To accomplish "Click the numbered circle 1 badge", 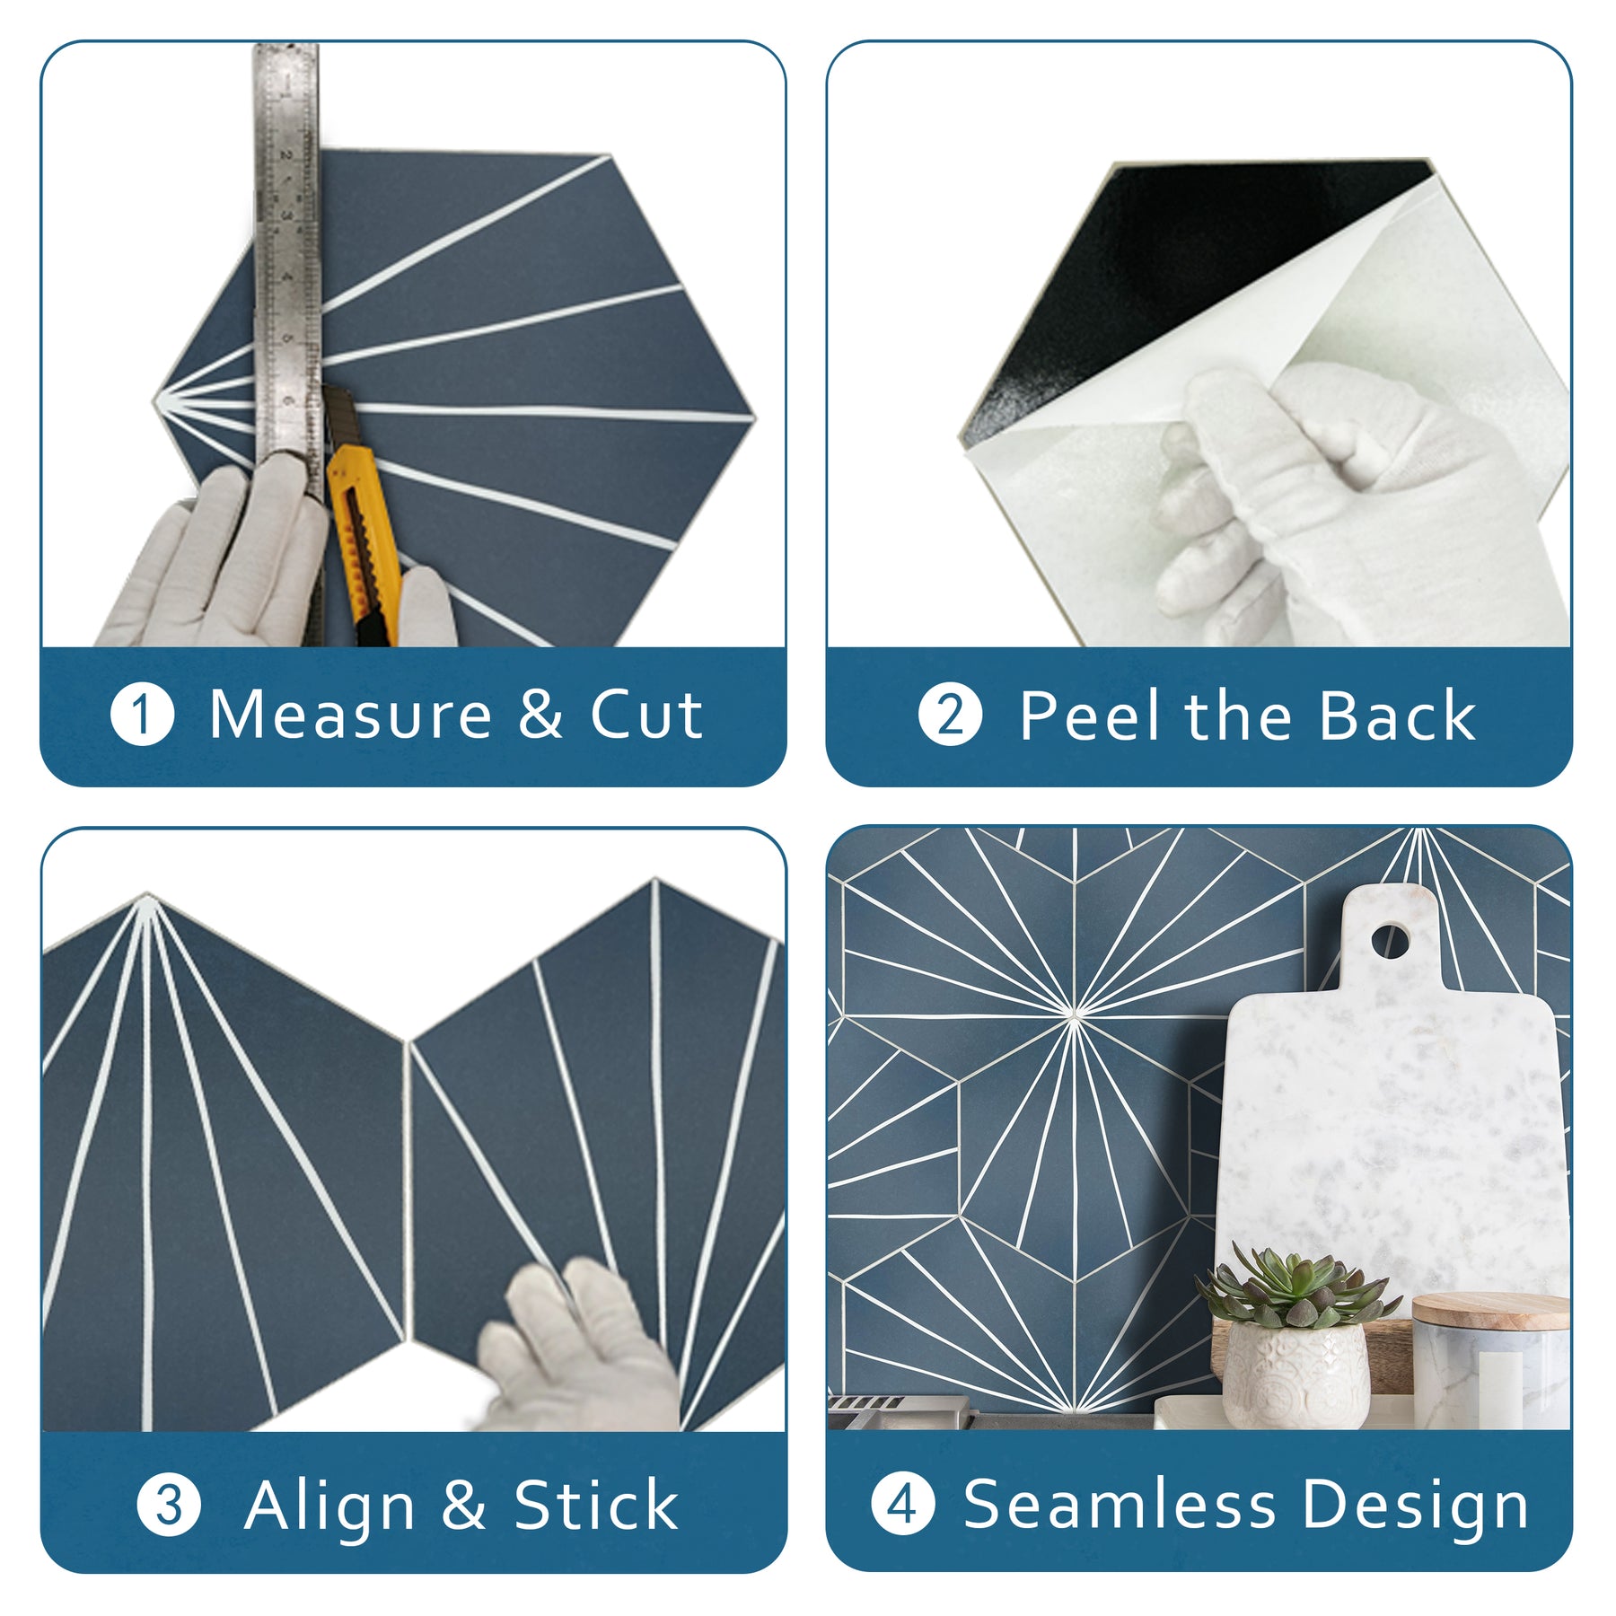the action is point(142,716).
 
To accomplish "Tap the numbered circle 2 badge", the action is point(950,716).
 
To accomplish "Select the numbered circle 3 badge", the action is point(169,1505).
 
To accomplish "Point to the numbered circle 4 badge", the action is point(903,1505).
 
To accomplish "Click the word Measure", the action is point(350,716).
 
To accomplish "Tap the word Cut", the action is point(646,716).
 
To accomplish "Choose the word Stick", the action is point(595,1505).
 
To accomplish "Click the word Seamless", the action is point(1120,1505).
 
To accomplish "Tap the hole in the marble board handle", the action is point(1390,942).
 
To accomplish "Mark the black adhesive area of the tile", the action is point(1194,269).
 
